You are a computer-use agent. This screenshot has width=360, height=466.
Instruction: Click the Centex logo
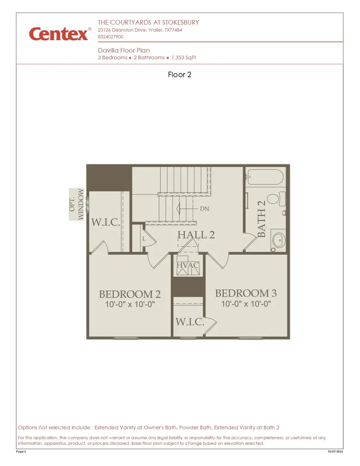(59, 34)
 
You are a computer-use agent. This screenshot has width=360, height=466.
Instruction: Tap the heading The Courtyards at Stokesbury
(148, 22)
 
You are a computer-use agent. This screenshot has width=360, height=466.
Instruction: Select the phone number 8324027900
(110, 37)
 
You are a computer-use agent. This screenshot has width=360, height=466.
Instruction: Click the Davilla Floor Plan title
(124, 50)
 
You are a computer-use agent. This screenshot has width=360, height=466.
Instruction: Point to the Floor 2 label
(180, 74)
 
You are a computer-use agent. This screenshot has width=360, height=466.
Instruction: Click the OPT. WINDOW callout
(77, 204)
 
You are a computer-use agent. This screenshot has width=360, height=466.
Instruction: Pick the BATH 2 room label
(262, 219)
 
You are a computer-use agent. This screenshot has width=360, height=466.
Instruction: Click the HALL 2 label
(196, 235)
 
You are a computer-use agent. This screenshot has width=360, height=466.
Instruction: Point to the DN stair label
(204, 209)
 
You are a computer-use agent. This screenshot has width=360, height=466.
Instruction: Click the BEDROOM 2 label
(130, 294)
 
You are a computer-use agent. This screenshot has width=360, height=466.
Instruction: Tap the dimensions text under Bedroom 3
(246, 304)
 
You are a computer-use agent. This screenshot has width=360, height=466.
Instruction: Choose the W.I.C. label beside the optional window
(106, 223)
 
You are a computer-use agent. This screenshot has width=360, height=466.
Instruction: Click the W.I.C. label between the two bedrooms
(190, 322)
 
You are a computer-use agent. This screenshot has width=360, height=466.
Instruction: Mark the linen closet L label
(144, 238)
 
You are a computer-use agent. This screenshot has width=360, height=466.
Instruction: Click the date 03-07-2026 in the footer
(335, 452)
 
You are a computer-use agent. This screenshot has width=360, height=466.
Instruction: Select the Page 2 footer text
(21, 452)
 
